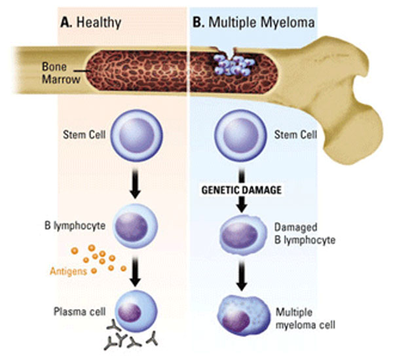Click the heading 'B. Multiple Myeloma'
[253, 22]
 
